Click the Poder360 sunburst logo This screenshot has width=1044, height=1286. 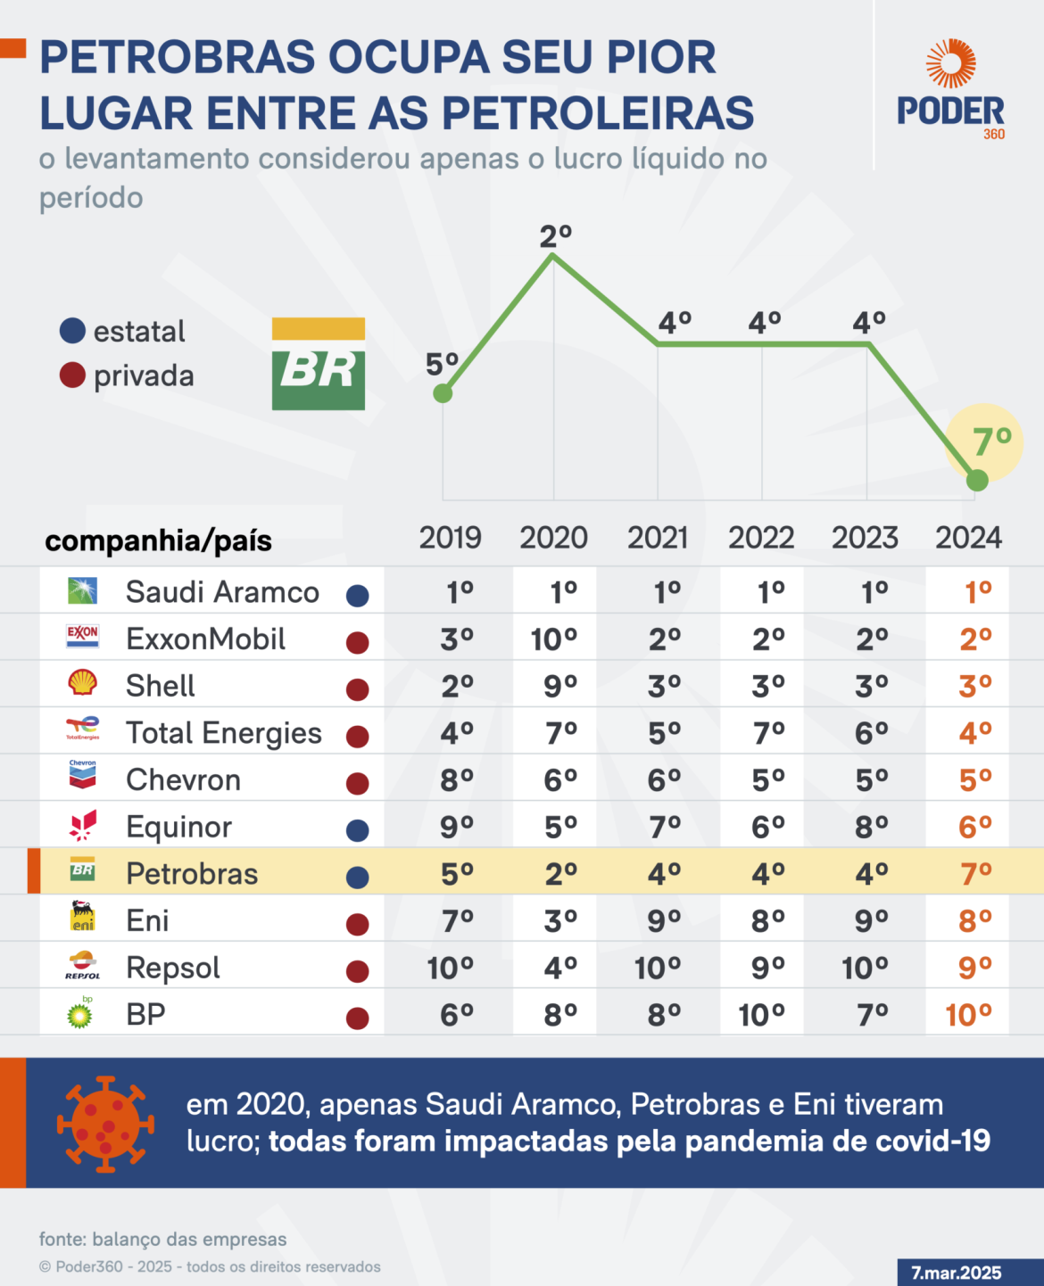[951, 63]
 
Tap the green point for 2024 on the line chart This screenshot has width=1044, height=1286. [977, 481]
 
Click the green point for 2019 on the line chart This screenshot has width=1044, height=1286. [443, 393]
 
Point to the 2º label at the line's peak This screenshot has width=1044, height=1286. [556, 236]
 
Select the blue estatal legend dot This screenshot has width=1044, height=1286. [72, 331]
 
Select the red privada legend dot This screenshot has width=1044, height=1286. [72, 375]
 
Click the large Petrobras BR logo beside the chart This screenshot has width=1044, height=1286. [319, 364]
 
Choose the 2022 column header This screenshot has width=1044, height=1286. [761, 538]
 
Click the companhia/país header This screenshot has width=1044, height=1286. [158, 541]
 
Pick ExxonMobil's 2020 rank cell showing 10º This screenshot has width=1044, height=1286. [555, 639]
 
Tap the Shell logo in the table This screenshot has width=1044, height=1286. [83, 683]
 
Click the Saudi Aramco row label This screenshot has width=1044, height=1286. [222, 591]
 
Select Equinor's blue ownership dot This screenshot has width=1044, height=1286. [358, 831]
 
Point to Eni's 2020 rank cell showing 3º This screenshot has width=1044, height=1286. [560, 920]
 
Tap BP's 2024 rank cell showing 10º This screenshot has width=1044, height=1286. [969, 1015]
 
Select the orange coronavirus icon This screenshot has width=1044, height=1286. [105, 1125]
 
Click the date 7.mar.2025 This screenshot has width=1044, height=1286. [957, 1273]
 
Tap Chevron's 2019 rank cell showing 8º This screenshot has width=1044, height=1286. [457, 780]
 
